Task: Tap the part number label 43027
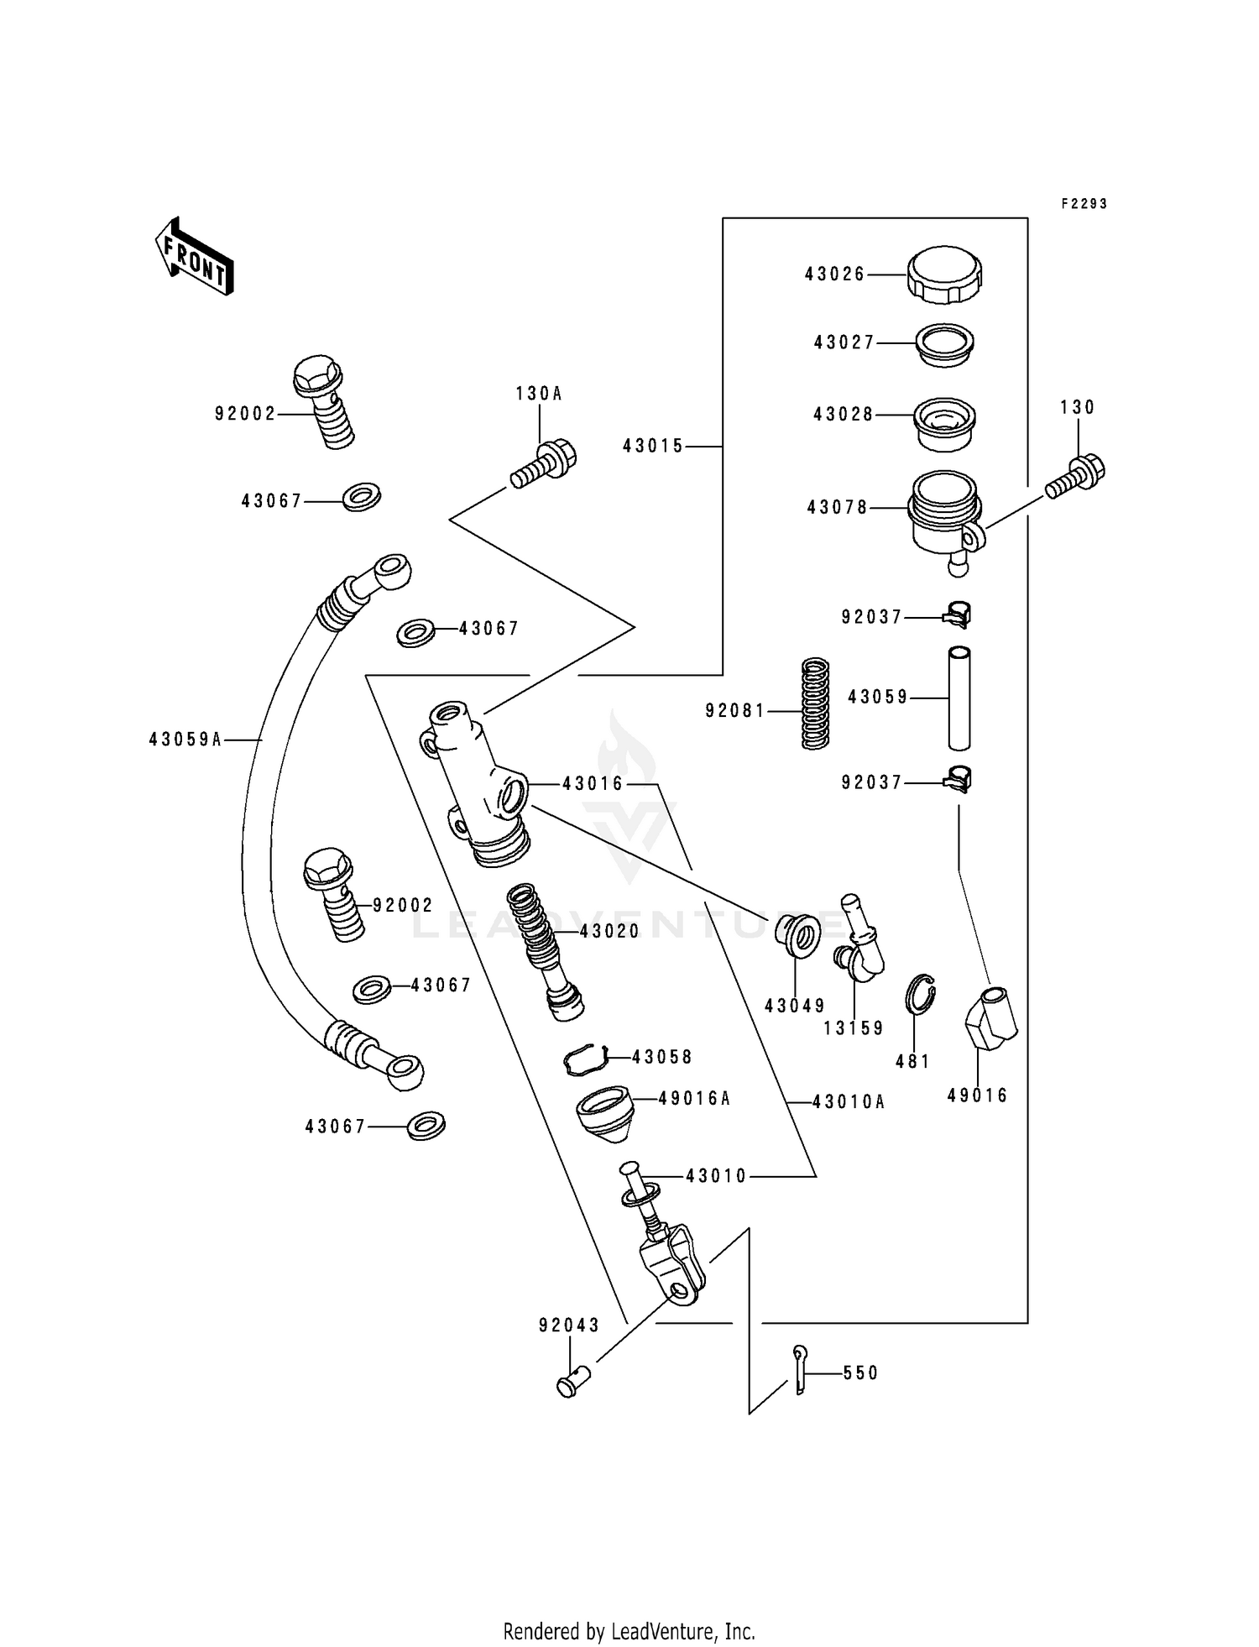click(844, 342)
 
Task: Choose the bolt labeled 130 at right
click(1076, 476)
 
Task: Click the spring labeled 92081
click(814, 703)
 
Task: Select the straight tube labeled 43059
click(959, 697)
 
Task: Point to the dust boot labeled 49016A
click(603, 1113)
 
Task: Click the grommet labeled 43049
click(797, 935)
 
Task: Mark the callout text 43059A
click(185, 740)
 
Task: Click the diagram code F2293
click(1084, 204)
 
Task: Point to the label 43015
click(653, 447)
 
